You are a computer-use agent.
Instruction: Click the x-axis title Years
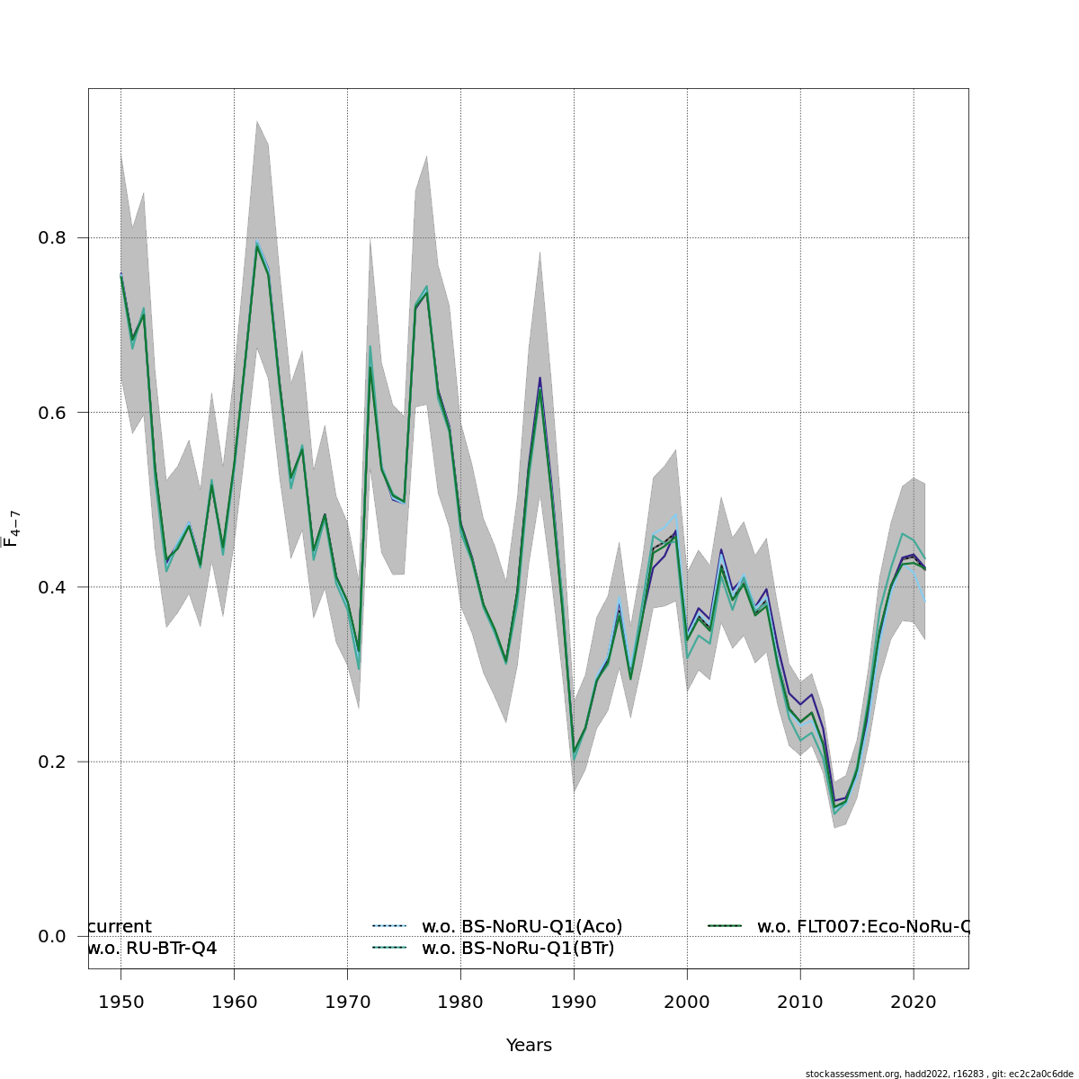pyautogui.click(x=529, y=1045)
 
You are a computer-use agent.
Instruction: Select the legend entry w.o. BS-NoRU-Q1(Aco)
pyautogui.click(x=522, y=926)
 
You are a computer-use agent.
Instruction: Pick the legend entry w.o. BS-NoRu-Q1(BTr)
pyautogui.click(x=518, y=948)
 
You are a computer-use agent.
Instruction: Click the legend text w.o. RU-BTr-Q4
pyautogui.click(x=152, y=948)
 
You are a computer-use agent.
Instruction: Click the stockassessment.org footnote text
pyautogui.click(x=939, y=1074)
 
